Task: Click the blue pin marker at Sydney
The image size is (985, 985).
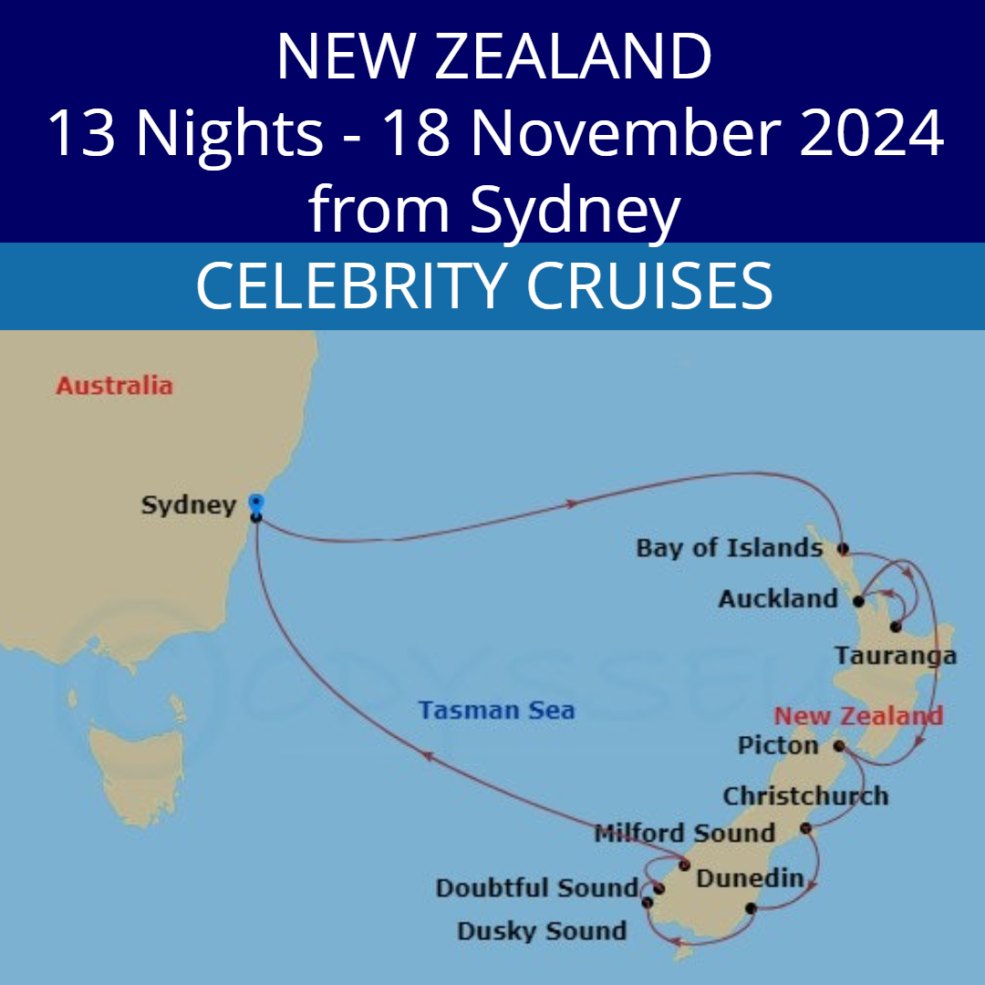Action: pyautogui.click(x=256, y=503)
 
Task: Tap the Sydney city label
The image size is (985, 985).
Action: pyautogui.click(x=189, y=505)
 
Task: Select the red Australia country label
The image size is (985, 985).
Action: pyautogui.click(x=114, y=385)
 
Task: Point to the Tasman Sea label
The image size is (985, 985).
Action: pyautogui.click(x=497, y=710)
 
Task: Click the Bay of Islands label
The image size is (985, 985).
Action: pyautogui.click(x=730, y=548)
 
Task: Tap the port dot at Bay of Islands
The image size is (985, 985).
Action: pyautogui.click(x=843, y=549)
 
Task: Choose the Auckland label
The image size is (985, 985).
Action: pyautogui.click(x=778, y=599)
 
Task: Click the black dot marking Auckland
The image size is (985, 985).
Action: pyautogui.click(x=858, y=601)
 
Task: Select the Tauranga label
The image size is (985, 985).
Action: pyautogui.click(x=896, y=656)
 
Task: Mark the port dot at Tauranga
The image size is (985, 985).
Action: pyautogui.click(x=896, y=627)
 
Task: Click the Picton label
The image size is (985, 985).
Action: pyautogui.click(x=778, y=746)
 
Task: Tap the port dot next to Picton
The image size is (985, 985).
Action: pyautogui.click(x=838, y=747)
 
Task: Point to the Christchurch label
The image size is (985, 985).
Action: pyautogui.click(x=805, y=796)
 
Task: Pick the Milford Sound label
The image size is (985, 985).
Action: pyautogui.click(x=684, y=833)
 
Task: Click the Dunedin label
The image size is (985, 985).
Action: pyautogui.click(x=750, y=879)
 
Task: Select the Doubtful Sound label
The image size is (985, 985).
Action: pyautogui.click(x=536, y=888)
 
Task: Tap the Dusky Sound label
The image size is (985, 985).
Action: pyautogui.click(x=542, y=931)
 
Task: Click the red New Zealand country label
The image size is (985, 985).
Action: pyautogui.click(x=858, y=716)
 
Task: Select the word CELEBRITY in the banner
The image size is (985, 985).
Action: pyautogui.click(x=347, y=285)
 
